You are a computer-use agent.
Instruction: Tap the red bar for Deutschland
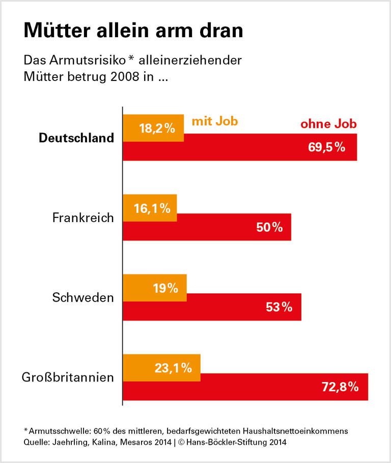coord(239,148)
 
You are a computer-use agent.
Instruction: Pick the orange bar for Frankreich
coord(150,208)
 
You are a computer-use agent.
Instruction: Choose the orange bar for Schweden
coord(155,288)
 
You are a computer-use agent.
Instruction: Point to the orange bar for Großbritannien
coord(161,367)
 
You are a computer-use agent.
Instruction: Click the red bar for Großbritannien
coord(245,387)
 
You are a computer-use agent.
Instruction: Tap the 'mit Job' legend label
coord(215,122)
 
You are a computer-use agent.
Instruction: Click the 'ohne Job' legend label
coord(328,124)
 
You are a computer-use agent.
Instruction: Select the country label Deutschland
coord(76,138)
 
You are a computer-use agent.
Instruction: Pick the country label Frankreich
coord(83,218)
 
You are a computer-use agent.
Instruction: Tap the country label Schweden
coord(83,297)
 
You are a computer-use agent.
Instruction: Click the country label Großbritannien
coord(68,377)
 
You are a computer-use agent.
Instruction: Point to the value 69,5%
coord(327,148)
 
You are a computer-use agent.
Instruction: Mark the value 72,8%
coord(340,387)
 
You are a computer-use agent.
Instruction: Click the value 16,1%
coord(151,208)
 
